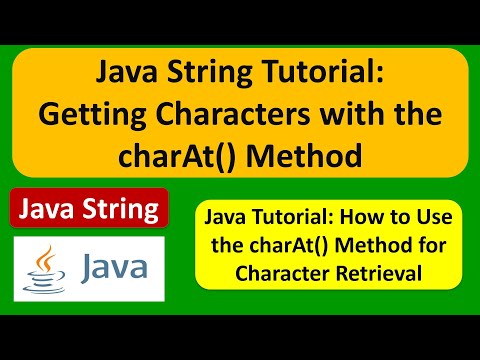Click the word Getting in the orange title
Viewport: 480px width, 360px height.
(92, 115)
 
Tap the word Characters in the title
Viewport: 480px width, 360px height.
(233, 113)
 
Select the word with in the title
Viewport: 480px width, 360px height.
(352, 113)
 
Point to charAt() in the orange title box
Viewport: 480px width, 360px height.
(177, 156)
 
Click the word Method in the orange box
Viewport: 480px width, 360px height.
(304, 156)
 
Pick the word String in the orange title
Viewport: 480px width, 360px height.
(209, 73)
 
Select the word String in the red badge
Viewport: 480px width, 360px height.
(121, 209)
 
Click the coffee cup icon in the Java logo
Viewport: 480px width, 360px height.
(44, 282)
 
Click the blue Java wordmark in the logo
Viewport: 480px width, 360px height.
(114, 267)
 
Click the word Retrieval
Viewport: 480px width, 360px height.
(379, 273)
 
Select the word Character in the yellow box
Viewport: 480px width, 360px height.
(283, 273)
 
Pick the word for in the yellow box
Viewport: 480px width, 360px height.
(433, 245)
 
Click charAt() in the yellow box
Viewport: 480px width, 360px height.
(289, 246)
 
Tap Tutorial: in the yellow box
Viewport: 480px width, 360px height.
(292, 217)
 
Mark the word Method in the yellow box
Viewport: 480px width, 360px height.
(374, 245)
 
